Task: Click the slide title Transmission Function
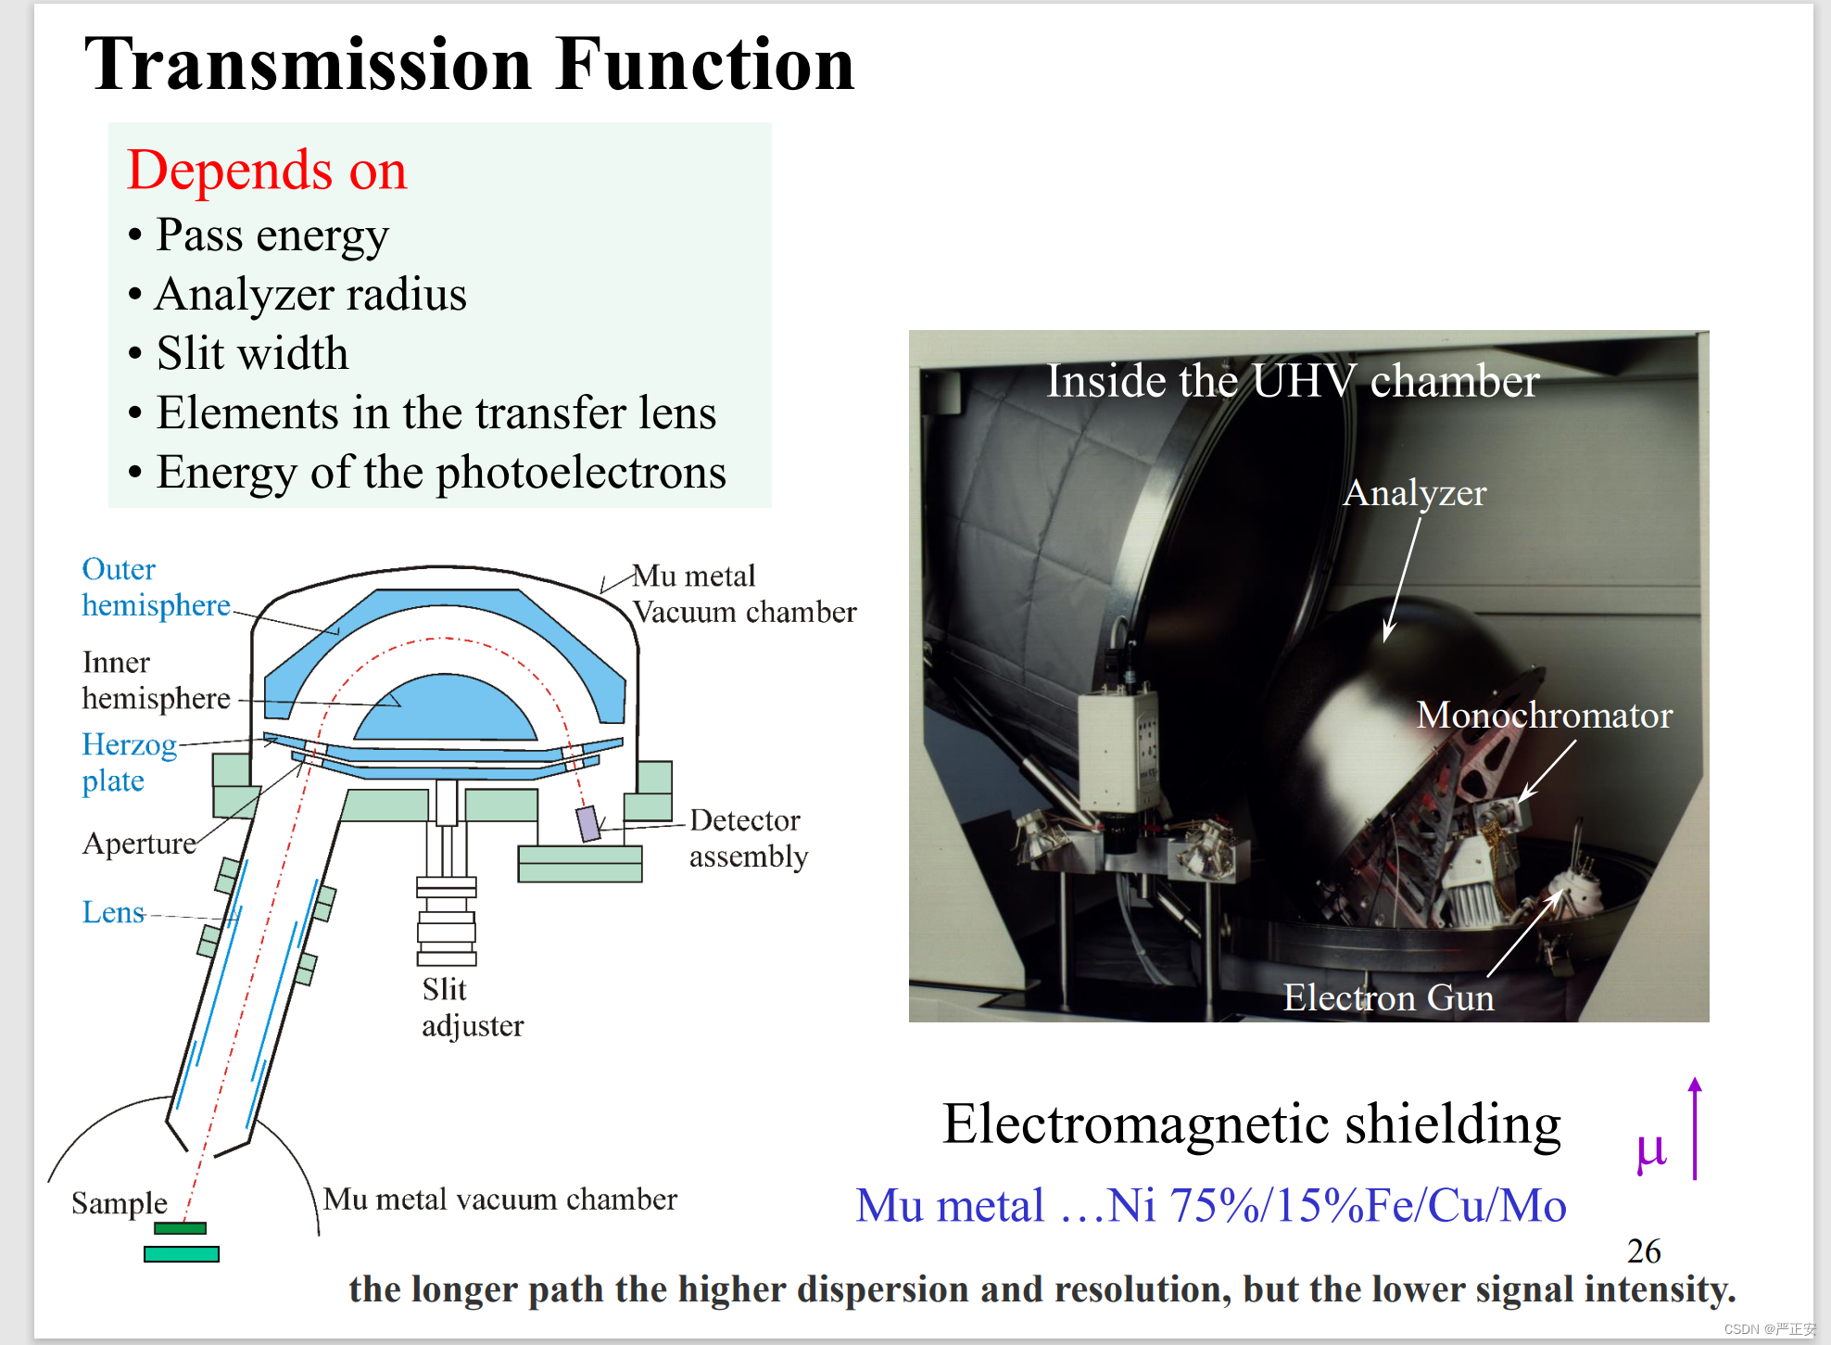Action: pos(469,65)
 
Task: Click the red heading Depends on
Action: pos(267,171)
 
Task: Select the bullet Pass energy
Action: pos(271,235)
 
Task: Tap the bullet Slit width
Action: pos(252,354)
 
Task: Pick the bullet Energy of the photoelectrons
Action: pos(441,473)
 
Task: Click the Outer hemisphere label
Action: pos(156,587)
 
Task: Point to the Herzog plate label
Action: pos(129,762)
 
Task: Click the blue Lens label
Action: pos(113,912)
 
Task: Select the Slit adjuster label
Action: pos(472,1008)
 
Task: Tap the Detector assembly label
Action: pos(748,838)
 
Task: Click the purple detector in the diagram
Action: pos(588,823)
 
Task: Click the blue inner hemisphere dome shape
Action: pos(446,709)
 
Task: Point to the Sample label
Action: pos(120,1203)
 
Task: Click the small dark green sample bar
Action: pos(180,1228)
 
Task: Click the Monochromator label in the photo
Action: pos(1544,716)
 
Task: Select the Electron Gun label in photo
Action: pos(1388,998)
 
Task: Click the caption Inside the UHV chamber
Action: pos(1293,381)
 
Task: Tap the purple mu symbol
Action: pos(1650,1151)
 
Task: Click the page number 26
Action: pos(1644,1251)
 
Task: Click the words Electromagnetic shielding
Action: pos(1251,1124)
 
